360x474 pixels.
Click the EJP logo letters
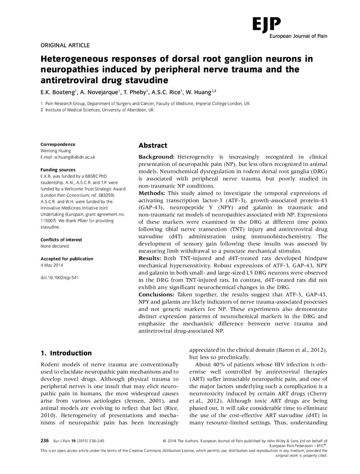click(266, 23)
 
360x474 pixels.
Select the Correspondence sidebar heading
click(58, 144)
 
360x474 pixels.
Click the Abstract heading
click(153, 146)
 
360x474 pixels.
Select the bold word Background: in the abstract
click(157, 156)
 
